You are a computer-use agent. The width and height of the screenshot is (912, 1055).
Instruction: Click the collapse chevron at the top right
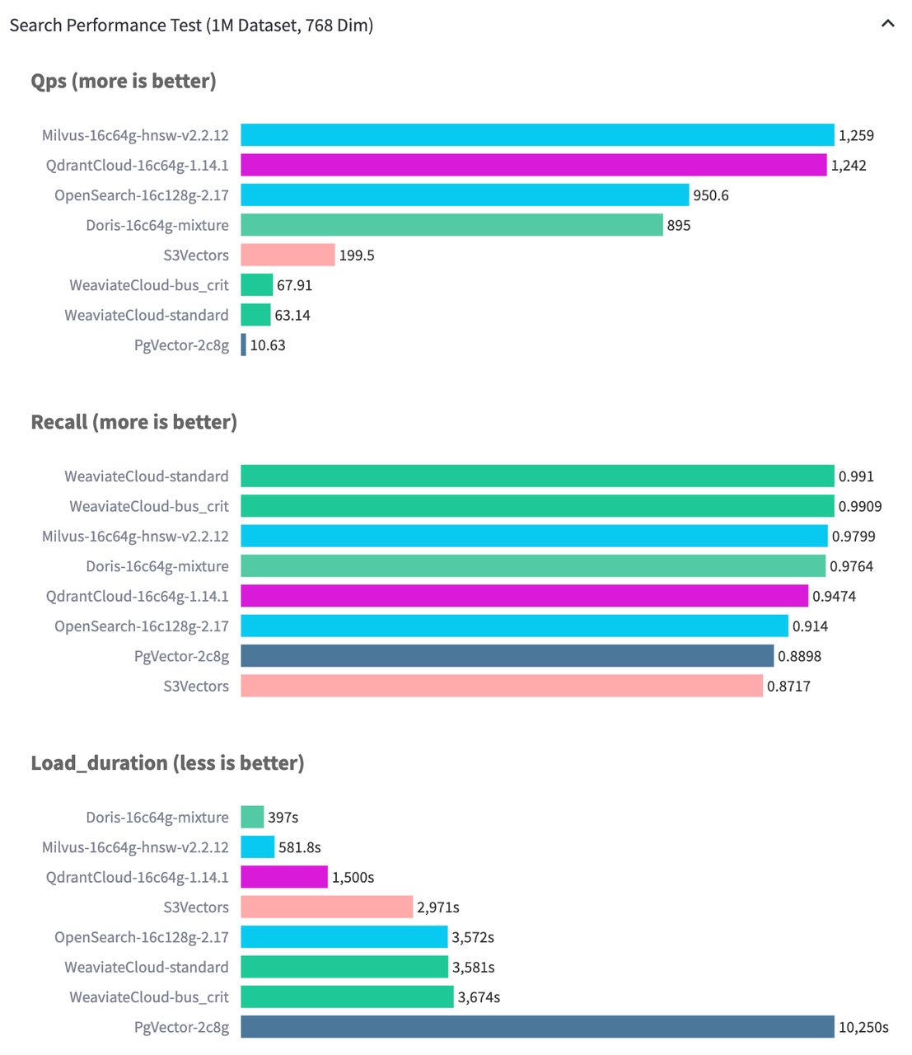pos(887,24)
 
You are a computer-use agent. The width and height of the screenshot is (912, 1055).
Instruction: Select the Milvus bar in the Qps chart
pos(537,135)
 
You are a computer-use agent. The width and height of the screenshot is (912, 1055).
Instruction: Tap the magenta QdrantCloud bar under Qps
pos(533,165)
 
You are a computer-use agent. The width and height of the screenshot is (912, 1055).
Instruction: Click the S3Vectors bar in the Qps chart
pos(288,255)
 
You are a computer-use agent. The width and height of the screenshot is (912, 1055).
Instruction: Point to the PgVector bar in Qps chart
pos(244,345)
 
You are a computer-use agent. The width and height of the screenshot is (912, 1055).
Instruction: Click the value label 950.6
pos(711,195)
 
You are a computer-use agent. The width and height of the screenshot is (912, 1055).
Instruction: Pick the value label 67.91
pos(294,285)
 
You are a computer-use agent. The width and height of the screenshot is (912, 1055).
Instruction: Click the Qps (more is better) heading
pos(124,81)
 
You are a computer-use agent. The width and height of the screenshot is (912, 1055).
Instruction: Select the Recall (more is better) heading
pos(133,422)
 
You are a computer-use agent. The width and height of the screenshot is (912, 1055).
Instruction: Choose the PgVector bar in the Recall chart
pos(507,656)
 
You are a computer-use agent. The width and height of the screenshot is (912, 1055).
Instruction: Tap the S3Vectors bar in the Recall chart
pos(502,686)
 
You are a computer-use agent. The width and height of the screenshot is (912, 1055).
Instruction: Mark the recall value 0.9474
pos(834,596)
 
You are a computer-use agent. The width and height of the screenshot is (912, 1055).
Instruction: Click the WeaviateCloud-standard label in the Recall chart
pos(147,476)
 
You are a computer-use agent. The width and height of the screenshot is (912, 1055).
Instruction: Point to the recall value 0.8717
pos(788,686)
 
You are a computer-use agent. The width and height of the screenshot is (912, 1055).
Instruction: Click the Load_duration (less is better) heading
pos(167,763)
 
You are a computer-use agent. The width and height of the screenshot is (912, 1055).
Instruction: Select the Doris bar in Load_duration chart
pos(252,817)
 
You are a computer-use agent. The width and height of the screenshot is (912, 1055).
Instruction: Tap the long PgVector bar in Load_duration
pos(537,1027)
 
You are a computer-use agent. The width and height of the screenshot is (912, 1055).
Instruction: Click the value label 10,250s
pos(863,1027)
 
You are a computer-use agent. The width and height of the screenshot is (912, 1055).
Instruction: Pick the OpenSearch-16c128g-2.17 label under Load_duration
pos(142,937)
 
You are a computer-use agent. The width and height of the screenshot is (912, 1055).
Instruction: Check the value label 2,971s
pos(437,907)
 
